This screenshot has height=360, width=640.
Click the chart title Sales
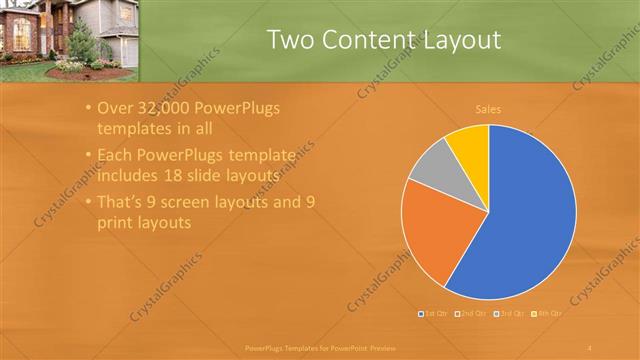pos(488,109)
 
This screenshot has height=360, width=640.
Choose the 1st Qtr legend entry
pos(433,314)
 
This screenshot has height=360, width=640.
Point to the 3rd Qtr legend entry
pos(510,314)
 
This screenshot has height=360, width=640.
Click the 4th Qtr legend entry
pos(547,314)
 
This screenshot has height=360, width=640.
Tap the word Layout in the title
pos(459,40)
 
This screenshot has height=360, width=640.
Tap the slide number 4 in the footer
pos(590,347)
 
